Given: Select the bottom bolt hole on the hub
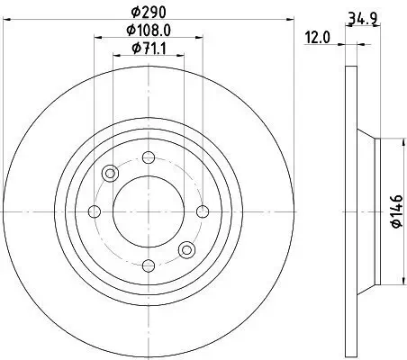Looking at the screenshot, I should click(x=147, y=264).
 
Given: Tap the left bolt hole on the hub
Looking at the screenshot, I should click(x=95, y=211).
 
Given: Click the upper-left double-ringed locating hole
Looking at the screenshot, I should click(x=110, y=174).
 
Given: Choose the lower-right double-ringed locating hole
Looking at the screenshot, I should click(x=185, y=249).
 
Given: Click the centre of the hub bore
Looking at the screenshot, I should click(x=147, y=211).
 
